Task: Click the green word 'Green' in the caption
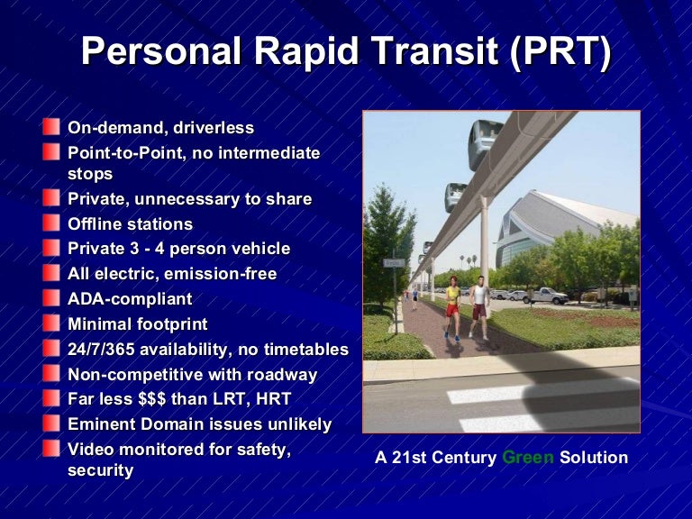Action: pos(528,458)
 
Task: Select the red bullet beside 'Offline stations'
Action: pos(52,223)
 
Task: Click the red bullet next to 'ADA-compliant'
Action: pos(52,298)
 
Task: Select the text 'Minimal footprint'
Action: pos(137,323)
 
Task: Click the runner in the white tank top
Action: pos(479,304)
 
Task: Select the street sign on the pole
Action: pos(392,263)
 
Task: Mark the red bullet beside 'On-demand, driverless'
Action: pos(52,128)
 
